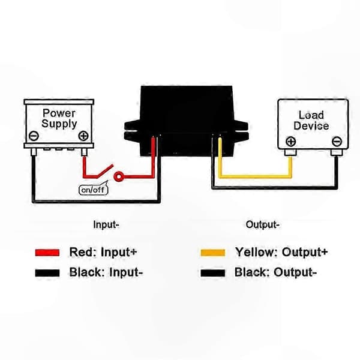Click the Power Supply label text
(x=59, y=119)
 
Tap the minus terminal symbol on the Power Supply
(x=34, y=136)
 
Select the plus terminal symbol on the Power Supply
(x=83, y=136)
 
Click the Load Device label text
(x=311, y=121)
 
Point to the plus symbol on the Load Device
(x=290, y=141)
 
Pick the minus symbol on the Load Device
(x=337, y=141)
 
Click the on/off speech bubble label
(x=93, y=189)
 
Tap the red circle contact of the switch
(x=119, y=176)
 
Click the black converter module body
(x=186, y=121)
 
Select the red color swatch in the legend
(x=47, y=253)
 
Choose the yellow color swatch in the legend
(x=213, y=253)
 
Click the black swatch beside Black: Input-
(x=47, y=273)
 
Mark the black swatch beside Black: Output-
(x=213, y=273)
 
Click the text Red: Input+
(x=103, y=252)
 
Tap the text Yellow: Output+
(x=281, y=253)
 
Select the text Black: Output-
(x=275, y=272)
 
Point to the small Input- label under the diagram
(x=106, y=224)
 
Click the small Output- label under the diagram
(x=262, y=224)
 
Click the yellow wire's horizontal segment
(x=255, y=176)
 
